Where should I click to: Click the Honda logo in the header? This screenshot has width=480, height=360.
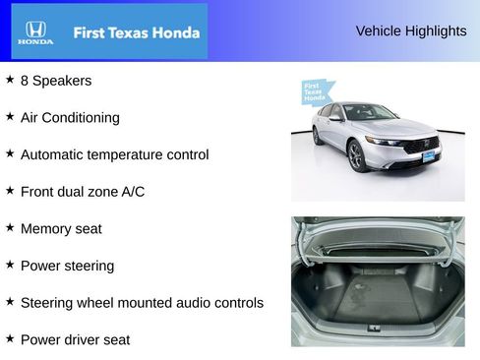tap(35, 32)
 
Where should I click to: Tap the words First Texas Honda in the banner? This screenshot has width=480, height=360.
tap(136, 32)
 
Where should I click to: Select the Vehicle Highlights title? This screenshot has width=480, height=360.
tap(410, 31)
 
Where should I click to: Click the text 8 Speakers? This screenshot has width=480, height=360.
tap(56, 80)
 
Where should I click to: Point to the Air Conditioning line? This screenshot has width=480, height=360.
tap(70, 117)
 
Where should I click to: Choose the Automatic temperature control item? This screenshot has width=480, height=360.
tap(114, 154)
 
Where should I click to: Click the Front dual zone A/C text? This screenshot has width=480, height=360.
tap(83, 192)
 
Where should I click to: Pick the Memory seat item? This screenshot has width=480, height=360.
tap(61, 228)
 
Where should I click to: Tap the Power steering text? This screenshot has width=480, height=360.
tap(67, 266)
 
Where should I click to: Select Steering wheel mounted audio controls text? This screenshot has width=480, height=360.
tap(142, 303)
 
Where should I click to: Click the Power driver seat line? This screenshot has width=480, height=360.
tap(75, 339)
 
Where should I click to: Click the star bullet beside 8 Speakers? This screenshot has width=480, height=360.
tap(10, 79)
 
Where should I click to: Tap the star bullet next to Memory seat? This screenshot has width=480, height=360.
tap(10, 227)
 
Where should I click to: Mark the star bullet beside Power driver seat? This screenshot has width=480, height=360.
tap(10, 338)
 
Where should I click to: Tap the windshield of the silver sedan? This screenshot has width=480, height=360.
tap(367, 113)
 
